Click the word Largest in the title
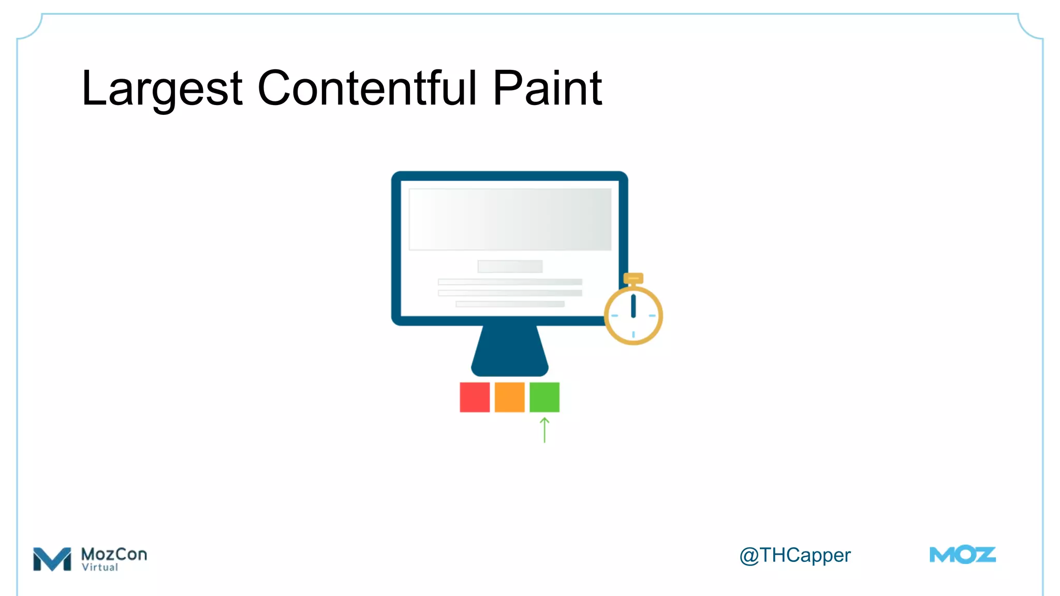(161, 89)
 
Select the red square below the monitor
(475, 397)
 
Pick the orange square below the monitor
(509, 397)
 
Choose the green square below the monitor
(544, 397)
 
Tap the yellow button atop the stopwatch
(633, 278)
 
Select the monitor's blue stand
(510, 352)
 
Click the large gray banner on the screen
(510, 219)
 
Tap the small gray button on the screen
(510, 266)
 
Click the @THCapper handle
(795, 556)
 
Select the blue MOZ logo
(963, 555)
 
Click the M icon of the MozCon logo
(52, 559)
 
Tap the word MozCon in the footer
(114, 554)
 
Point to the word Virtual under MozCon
(100, 568)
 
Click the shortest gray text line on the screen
(510, 304)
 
